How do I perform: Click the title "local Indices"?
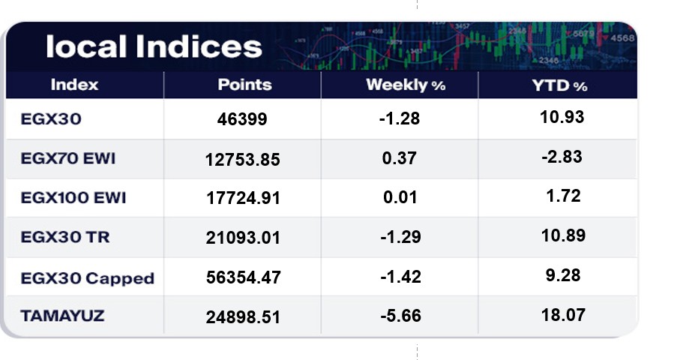[154, 46]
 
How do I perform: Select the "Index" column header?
[74, 85]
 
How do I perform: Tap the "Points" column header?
[244, 85]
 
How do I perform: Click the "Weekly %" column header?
[406, 85]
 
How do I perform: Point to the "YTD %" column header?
[559, 85]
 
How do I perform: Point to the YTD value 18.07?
[562, 314]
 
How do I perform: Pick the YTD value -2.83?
[562, 156]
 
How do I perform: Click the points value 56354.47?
[243, 277]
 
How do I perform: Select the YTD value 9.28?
[562, 274]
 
